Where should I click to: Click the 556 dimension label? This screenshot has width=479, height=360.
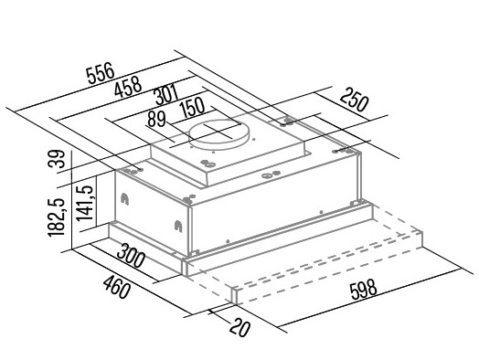pyautogui.click(x=101, y=73)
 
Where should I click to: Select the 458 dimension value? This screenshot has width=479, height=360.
pyautogui.click(x=128, y=87)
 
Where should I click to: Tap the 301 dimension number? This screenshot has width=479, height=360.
pyautogui.click(x=166, y=95)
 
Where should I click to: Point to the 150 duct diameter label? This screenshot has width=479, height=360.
pyautogui.click(x=192, y=108)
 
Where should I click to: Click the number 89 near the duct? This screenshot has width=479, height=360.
pyautogui.click(x=156, y=119)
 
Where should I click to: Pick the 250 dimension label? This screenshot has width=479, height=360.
pyautogui.click(x=354, y=100)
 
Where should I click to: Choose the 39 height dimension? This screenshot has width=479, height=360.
pyautogui.click(x=57, y=158)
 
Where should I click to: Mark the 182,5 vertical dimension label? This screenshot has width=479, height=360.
pyautogui.click(x=57, y=217)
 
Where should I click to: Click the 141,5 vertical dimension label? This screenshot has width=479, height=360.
pyautogui.click(x=85, y=204)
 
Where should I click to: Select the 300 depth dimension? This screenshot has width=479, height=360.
pyautogui.click(x=130, y=256)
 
